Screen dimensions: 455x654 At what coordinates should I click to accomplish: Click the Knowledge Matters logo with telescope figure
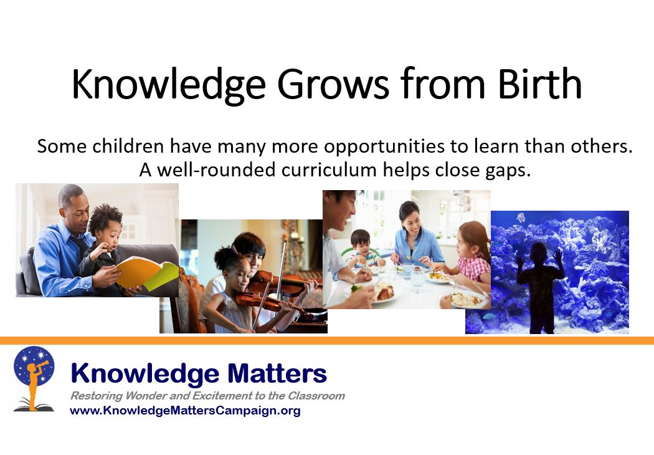pyautogui.click(x=34, y=378)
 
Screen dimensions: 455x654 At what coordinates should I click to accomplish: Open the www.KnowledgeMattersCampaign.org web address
pyautogui.click(x=185, y=411)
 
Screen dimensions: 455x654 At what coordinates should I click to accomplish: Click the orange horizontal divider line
pyautogui.click(x=327, y=340)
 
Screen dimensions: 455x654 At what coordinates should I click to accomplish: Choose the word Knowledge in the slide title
pyautogui.click(x=161, y=85)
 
